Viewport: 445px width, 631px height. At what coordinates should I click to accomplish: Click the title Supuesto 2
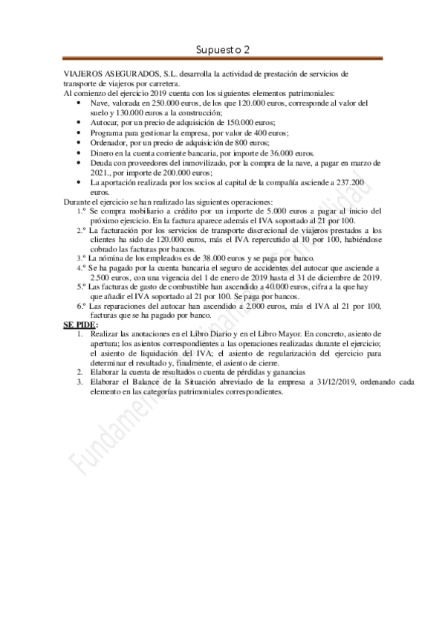[223, 49]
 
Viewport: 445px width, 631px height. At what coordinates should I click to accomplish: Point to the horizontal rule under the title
[223, 59]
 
